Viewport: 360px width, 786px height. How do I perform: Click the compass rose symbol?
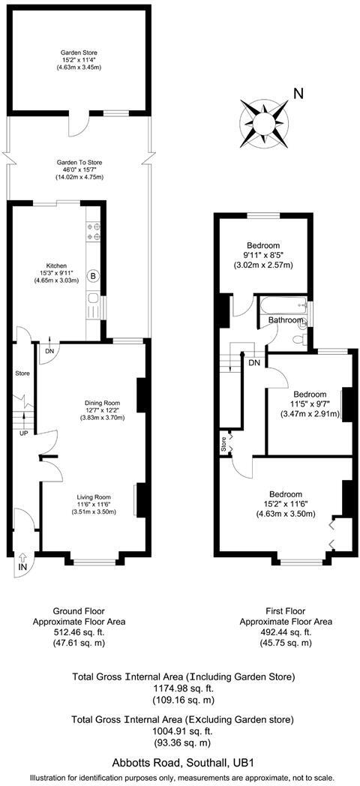point(263,119)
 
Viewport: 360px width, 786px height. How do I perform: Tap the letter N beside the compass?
point(298,94)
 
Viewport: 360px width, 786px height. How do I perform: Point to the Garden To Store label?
point(79,162)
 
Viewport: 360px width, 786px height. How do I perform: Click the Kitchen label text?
point(57,265)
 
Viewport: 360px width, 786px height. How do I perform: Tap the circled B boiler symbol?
point(94,275)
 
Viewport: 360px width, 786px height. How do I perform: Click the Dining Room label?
point(102,403)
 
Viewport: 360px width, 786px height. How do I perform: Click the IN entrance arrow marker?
point(22,561)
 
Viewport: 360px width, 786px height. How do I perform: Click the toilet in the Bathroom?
point(300,338)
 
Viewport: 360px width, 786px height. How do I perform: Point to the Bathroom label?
point(286,321)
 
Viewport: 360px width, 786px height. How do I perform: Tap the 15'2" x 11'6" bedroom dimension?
point(285,504)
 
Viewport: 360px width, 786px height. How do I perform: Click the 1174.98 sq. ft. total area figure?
point(184,688)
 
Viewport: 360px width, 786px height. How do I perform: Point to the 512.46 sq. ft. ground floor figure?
point(79,632)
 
